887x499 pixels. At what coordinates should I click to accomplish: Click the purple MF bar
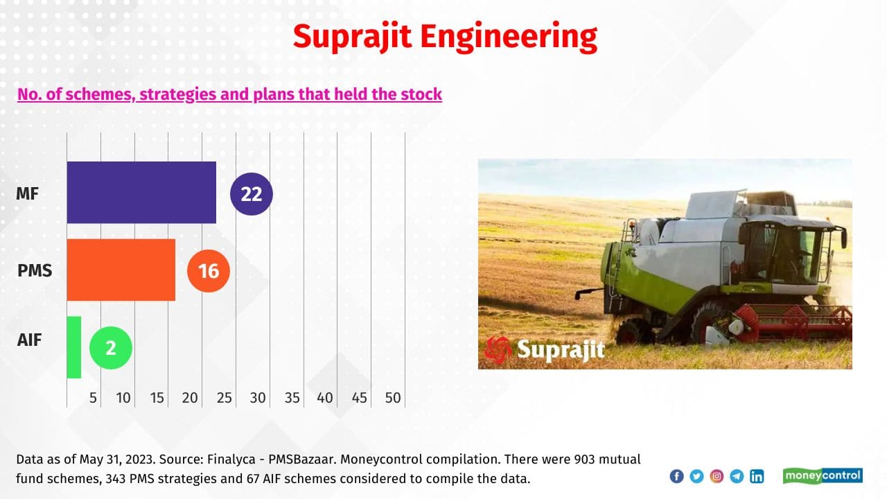(141, 193)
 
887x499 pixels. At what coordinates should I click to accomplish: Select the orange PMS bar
(121, 270)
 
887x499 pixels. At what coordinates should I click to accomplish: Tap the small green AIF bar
(74, 347)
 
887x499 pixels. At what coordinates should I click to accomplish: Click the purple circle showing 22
(252, 194)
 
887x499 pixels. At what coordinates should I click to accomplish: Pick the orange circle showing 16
(209, 270)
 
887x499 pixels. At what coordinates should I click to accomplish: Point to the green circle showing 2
(111, 347)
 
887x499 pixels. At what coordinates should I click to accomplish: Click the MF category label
(28, 194)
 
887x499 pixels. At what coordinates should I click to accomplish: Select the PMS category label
(35, 270)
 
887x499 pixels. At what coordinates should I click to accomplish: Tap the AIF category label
(30, 340)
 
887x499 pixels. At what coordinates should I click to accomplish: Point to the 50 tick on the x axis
(393, 398)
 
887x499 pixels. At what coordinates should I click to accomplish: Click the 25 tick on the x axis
(224, 398)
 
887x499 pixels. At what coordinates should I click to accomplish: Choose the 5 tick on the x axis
(93, 398)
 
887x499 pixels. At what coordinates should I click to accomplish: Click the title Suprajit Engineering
(444, 36)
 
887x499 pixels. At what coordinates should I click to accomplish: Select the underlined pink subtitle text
(229, 94)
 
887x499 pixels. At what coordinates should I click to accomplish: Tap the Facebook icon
(676, 476)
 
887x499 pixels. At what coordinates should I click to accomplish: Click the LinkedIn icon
(757, 476)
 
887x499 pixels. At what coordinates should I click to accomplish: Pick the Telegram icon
(737, 476)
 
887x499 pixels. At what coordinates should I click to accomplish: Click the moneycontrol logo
(823, 475)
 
